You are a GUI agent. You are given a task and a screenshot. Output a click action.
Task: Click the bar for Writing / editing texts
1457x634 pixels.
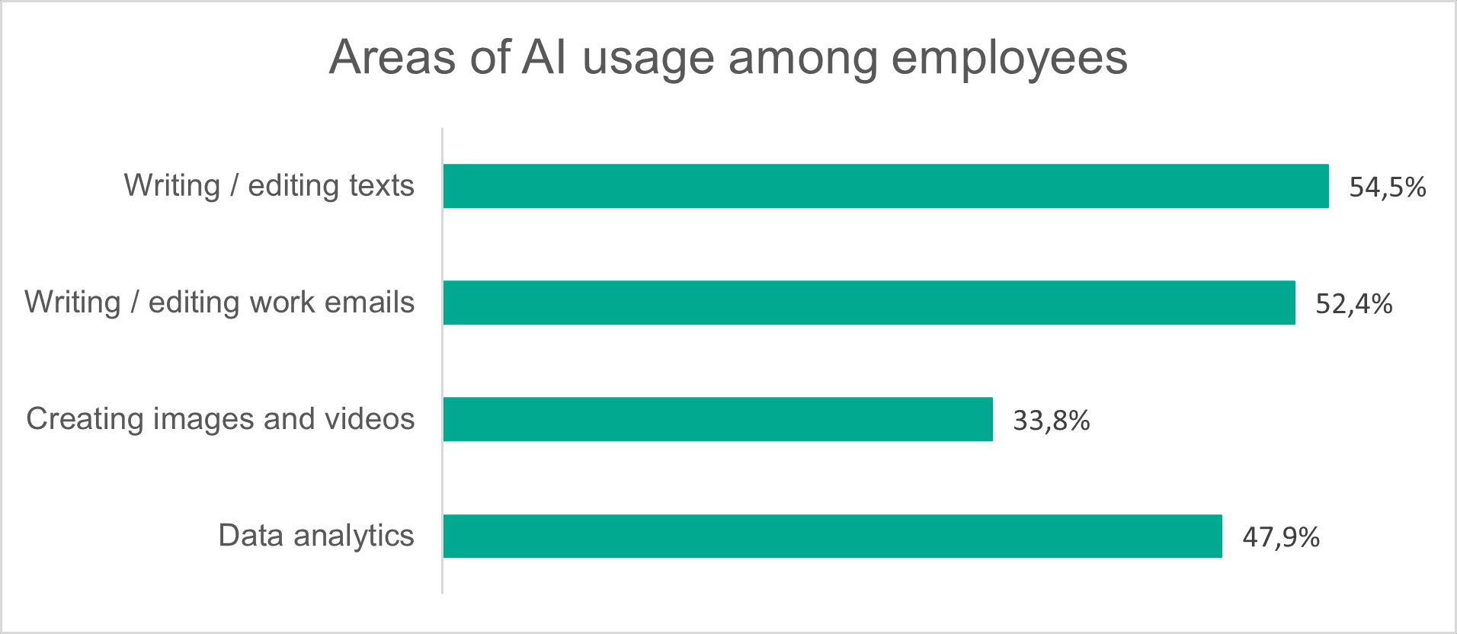tap(885, 186)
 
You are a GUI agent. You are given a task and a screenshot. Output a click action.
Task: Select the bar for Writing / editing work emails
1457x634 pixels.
tap(869, 303)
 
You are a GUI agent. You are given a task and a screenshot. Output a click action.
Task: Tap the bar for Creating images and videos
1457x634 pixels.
tap(718, 419)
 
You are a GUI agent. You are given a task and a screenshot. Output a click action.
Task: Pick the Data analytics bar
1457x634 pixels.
tap(832, 536)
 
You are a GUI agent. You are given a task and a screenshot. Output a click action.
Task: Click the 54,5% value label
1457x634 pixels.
tap(1387, 187)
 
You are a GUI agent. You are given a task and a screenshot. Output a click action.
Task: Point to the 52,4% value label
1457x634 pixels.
tap(1353, 304)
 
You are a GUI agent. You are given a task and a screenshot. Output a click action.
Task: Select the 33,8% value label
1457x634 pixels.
tap(1051, 421)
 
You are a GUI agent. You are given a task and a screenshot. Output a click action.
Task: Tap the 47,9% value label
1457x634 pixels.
tap(1280, 537)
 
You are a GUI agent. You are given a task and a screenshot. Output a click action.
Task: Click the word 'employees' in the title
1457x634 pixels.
tap(1009, 59)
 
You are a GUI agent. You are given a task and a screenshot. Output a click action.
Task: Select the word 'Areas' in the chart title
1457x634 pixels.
tap(392, 57)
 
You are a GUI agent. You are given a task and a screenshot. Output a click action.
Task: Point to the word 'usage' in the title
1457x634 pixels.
tap(648, 59)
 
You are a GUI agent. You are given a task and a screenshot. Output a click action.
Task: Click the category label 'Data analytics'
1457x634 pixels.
tap(315, 536)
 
